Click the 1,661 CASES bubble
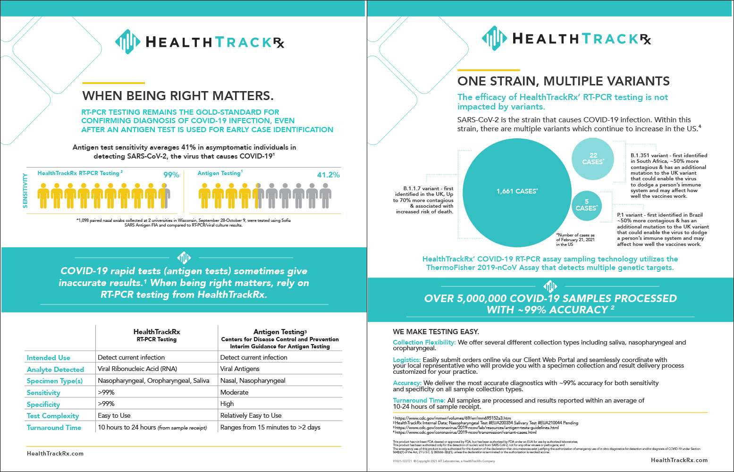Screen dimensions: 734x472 pyautogui.click(x=516, y=191)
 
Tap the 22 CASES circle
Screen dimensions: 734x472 pyautogui.click(x=593, y=159)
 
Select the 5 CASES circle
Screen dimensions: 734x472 pyautogui.click(x=586, y=205)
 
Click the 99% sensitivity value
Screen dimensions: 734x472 pyautogui.click(x=171, y=175)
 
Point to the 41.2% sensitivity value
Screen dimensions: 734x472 pyautogui.click(x=328, y=175)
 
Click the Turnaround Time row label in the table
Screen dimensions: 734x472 pyautogui.click(x=54, y=428)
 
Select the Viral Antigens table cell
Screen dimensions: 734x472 pyautogui.click(x=240, y=369)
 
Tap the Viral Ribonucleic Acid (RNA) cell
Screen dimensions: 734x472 pyautogui.click(x=137, y=369)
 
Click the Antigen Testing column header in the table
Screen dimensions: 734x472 pyautogui.click(x=280, y=332)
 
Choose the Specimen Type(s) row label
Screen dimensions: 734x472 pyautogui.click(x=55, y=381)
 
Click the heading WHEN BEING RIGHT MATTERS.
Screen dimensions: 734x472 pyautogui.click(x=178, y=96)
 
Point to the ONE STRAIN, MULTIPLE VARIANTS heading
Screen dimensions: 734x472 pyautogui.click(x=563, y=81)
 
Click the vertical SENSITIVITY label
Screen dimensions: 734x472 pyautogui.click(x=25, y=190)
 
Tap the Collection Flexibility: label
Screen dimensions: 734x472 pyautogui.click(x=424, y=342)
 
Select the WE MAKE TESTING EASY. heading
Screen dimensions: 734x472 pyautogui.click(x=436, y=331)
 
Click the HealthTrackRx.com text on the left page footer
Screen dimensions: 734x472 pyautogui.click(x=55, y=454)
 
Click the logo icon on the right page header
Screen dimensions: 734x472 pyautogui.click(x=494, y=38)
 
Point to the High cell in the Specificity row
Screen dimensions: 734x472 pyautogui.click(x=227, y=404)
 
